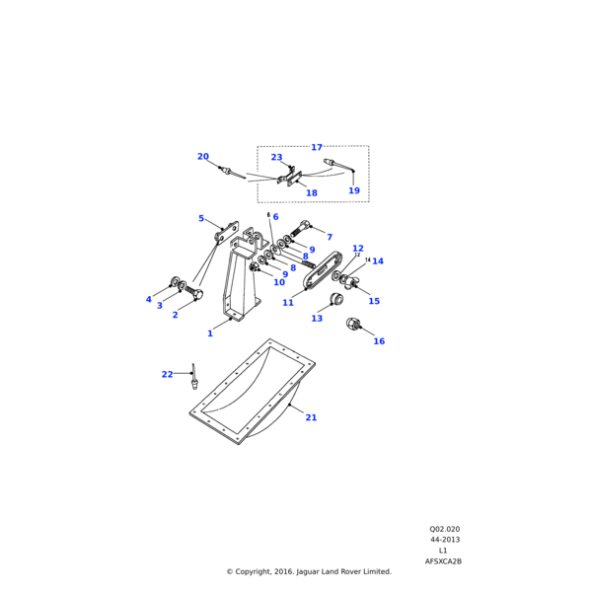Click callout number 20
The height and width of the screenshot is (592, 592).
coord(203,157)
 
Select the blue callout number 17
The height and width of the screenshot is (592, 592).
coord(317,148)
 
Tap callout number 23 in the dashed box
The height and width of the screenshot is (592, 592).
coord(276,158)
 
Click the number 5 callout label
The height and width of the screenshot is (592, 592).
coord(201,219)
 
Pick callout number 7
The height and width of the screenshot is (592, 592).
coord(330,238)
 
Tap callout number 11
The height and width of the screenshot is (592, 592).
coord(288,303)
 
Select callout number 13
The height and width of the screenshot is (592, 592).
coord(317,319)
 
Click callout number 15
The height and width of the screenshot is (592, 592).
coord(374,302)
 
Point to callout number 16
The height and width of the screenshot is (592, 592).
coord(379,341)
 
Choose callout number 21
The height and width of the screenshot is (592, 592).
coord(311,418)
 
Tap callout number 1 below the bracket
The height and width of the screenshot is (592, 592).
coord(210,333)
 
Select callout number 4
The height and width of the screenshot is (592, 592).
coord(149,300)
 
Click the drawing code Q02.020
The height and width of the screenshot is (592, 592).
coord(444,529)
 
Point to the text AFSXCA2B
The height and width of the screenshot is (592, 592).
coord(443,561)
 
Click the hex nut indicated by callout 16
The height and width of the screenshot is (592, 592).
coord(352,323)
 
